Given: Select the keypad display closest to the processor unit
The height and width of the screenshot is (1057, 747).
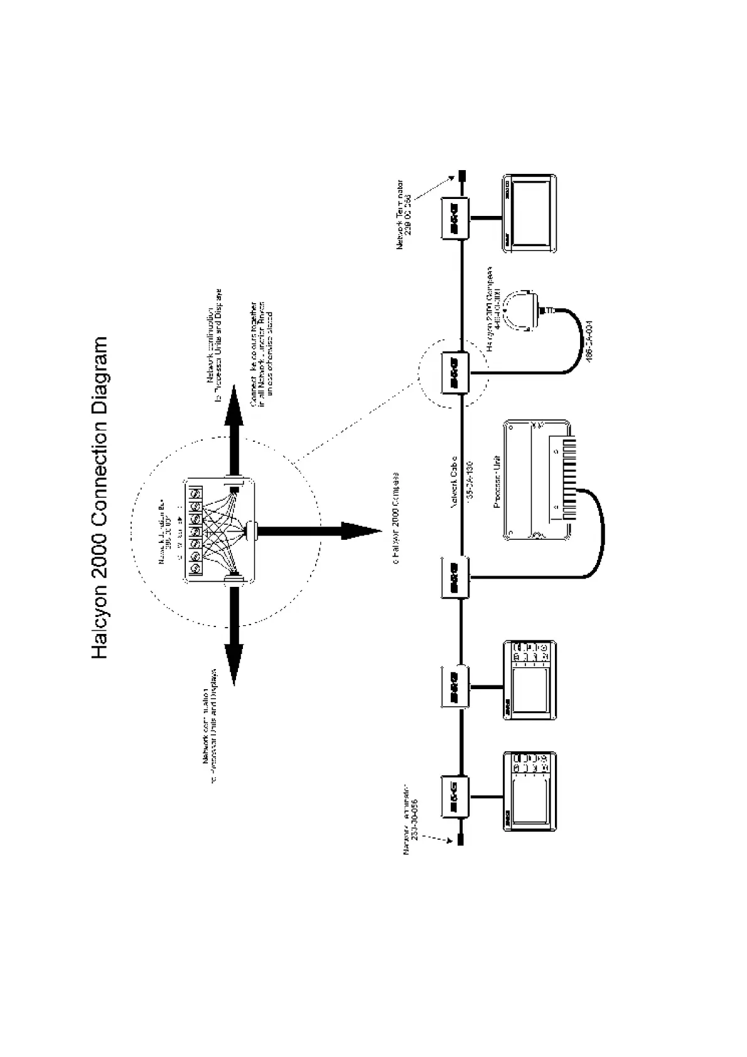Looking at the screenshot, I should point(530,680).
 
